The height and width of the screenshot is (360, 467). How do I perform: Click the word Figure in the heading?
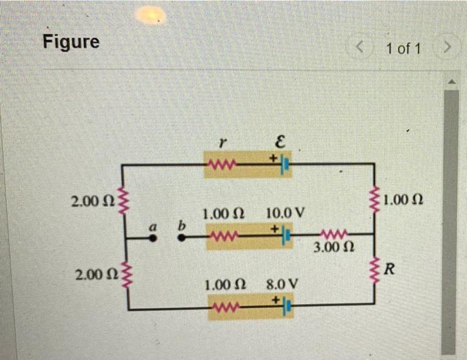coord(71,42)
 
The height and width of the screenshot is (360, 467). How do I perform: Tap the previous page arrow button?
coord(362,47)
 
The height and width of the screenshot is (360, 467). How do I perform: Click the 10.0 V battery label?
coord(285,214)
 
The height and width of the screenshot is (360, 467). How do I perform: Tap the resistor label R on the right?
coord(390,270)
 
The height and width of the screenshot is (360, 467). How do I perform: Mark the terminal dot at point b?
coord(181,237)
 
